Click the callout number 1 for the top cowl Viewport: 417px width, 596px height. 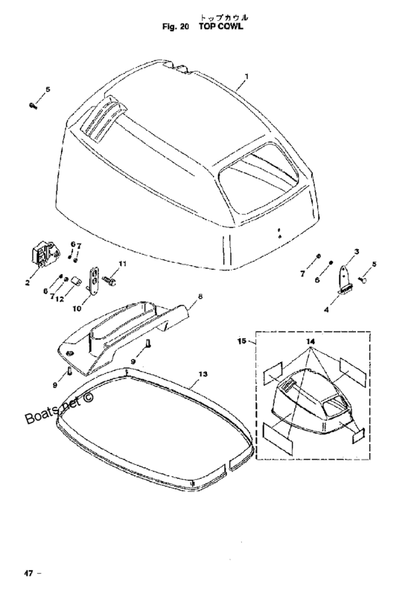coord(247,77)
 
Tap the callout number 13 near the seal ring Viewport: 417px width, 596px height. coord(203,374)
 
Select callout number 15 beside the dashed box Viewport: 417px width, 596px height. coord(242,341)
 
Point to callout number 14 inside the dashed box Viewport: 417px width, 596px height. coord(311,342)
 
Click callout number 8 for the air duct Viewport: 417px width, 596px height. coord(200,296)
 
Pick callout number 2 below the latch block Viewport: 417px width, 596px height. coord(28,283)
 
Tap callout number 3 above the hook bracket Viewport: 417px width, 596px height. coord(357,251)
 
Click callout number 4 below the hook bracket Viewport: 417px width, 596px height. coord(326,310)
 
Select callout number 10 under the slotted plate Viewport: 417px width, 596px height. coord(77,308)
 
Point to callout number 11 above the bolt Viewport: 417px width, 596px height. coord(122,264)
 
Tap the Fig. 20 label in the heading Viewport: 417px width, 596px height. coord(176,27)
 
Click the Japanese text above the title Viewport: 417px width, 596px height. coord(224,17)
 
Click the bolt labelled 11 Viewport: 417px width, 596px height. coord(109,281)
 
